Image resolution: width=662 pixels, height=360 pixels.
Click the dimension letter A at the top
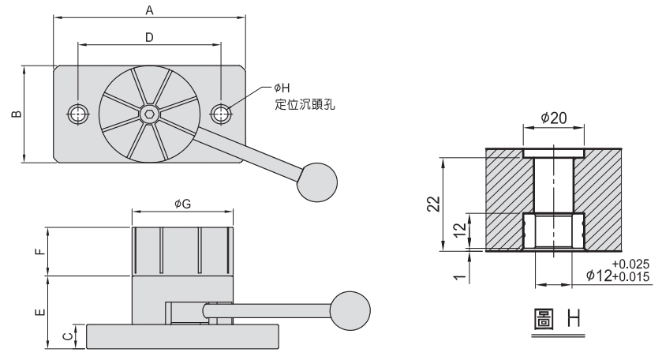(x=148, y=9)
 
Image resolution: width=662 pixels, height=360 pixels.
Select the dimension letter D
(x=149, y=37)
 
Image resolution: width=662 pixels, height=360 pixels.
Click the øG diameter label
(x=182, y=204)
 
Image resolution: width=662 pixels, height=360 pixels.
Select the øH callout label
(x=282, y=88)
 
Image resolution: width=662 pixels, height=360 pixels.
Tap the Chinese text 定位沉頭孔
(x=301, y=102)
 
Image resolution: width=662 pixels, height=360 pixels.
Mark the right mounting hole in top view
(x=222, y=114)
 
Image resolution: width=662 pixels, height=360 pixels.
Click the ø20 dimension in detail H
(x=554, y=117)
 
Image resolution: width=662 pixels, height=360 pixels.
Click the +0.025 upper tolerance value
(x=628, y=264)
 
